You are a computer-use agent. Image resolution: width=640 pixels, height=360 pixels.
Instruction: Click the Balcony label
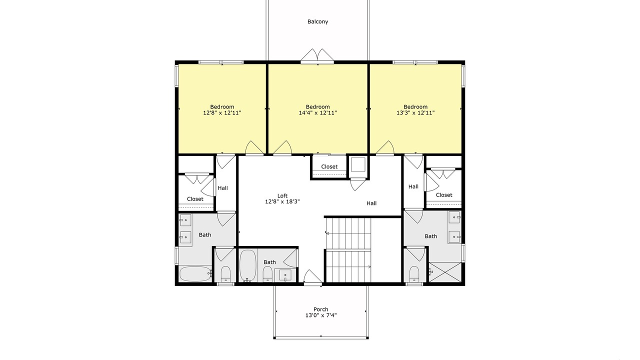click(x=317, y=21)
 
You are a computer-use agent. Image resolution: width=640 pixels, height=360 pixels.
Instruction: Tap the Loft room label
click(x=282, y=195)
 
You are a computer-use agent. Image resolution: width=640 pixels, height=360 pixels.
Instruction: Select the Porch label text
click(x=321, y=309)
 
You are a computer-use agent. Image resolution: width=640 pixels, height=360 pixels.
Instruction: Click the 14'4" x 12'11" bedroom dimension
click(x=317, y=113)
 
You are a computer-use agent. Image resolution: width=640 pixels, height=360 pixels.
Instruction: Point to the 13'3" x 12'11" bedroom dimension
click(x=415, y=113)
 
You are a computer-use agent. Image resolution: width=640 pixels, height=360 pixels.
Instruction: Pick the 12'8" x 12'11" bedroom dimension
click(x=222, y=113)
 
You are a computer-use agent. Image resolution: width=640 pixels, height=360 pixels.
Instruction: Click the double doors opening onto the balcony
click(x=317, y=55)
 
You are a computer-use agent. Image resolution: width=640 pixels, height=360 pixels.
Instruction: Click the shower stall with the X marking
click(x=445, y=272)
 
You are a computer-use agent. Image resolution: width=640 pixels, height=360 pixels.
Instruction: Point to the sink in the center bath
click(x=285, y=275)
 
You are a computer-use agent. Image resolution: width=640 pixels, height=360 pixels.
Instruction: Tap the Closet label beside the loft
click(x=329, y=166)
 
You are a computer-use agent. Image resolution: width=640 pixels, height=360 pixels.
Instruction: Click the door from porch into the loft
click(x=312, y=277)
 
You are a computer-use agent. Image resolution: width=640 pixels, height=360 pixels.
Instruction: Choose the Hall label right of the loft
click(x=371, y=203)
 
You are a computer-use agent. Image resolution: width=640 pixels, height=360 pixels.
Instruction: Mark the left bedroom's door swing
click(x=254, y=148)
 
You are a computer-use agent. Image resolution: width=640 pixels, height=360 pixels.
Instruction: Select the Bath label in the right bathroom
click(x=430, y=236)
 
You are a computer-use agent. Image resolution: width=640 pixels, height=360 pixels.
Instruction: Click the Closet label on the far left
click(x=195, y=199)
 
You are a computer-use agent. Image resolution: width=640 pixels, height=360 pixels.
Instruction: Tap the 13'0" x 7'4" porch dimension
click(x=321, y=315)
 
